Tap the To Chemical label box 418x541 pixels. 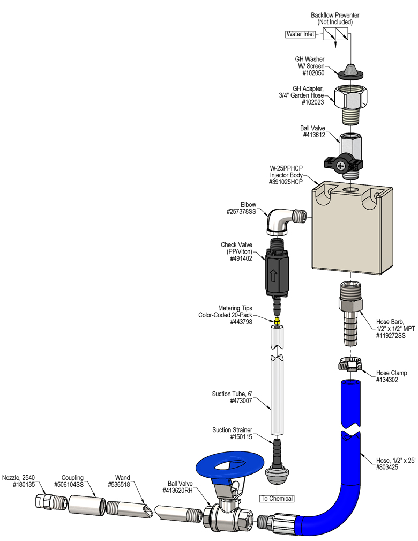coord(277,499)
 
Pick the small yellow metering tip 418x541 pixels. coord(277,320)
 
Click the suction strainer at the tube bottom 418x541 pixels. coord(277,467)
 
